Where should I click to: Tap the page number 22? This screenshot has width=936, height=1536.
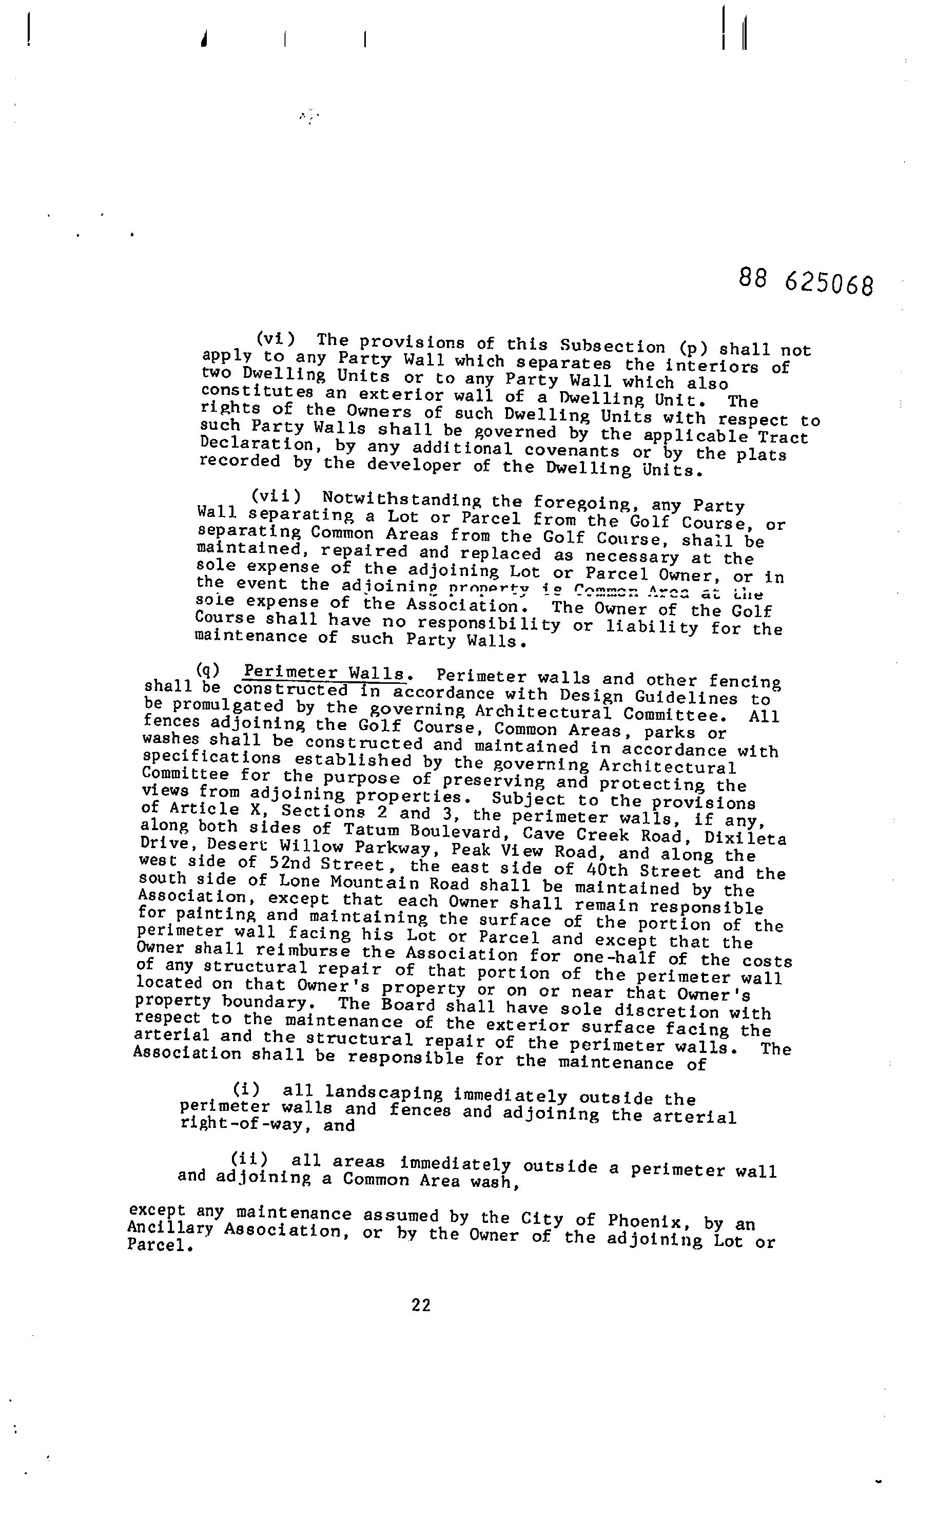coord(421,1305)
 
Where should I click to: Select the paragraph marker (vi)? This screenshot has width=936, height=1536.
coord(275,338)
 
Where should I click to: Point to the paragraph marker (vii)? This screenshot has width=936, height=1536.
coord(276,496)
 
